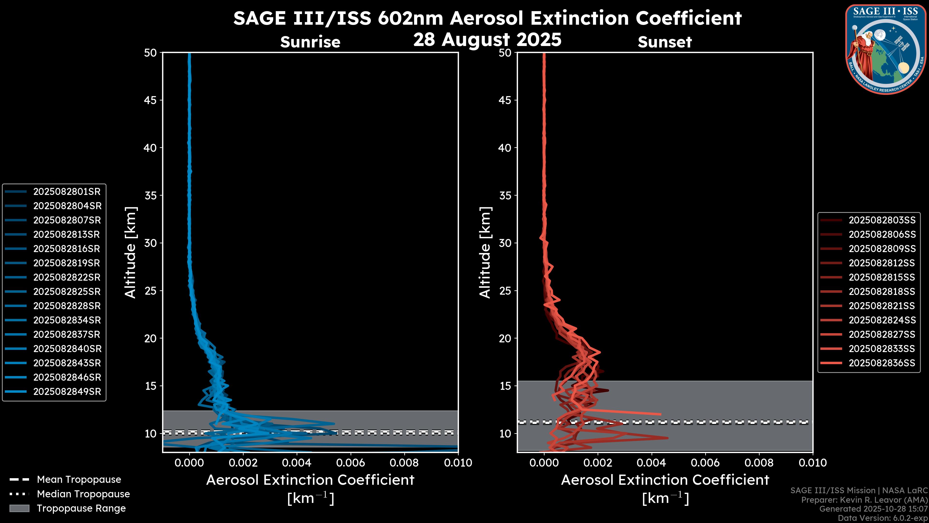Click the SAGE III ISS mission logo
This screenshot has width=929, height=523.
pyautogui.click(x=886, y=49)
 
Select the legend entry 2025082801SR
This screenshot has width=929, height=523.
pyautogui.click(x=67, y=192)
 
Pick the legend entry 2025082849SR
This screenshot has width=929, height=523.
pyautogui.click(x=67, y=392)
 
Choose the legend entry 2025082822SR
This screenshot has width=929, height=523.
pyautogui.click(x=67, y=277)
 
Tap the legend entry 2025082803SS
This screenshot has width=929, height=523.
pyautogui.click(x=882, y=220)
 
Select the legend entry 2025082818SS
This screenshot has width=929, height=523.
pyautogui.click(x=882, y=292)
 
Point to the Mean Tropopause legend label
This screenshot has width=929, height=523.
pyautogui.click(x=79, y=480)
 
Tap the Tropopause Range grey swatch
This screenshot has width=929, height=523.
pyautogui.click(x=19, y=508)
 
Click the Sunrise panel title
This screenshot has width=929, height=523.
pyautogui.click(x=310, y=42)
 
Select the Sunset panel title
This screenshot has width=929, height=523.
pyautogui.click(x=665, y=42)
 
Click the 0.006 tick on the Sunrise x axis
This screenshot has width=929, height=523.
pyautogui.click(x=350, y=463)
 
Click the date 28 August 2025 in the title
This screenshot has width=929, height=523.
pyautogui.click(x=487, y=40)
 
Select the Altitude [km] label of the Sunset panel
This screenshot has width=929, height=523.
pyautogui.click(x=485, y=253)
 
